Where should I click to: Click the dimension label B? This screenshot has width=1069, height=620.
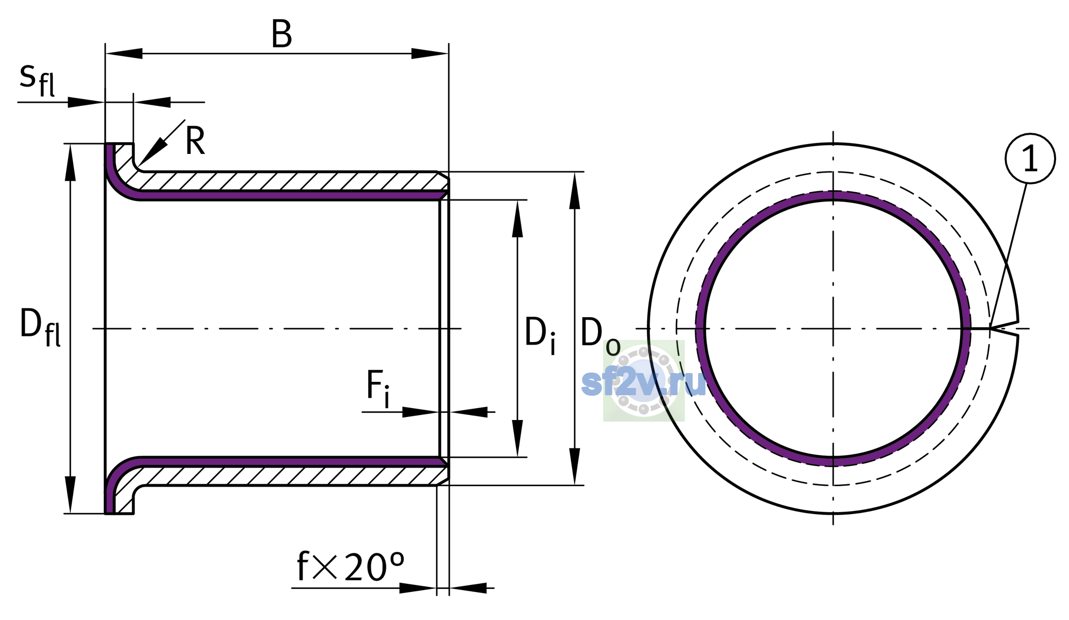coord(282,35)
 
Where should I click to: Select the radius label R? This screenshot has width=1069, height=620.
coord(195,141)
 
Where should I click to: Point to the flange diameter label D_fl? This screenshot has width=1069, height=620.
coord(40,327)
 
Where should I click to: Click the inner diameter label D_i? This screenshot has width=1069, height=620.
coord(540,336)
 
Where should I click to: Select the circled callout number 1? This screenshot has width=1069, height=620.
coord(1030,159)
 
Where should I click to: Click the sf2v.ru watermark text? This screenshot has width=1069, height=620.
coord(643,383)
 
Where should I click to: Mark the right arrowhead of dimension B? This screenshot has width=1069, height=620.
coord(430,53)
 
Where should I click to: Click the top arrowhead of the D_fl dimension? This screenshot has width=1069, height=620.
coord(70,162)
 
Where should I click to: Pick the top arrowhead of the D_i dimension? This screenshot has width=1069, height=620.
coord(517,219)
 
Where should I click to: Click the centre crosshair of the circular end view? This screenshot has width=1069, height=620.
coord(833,329)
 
